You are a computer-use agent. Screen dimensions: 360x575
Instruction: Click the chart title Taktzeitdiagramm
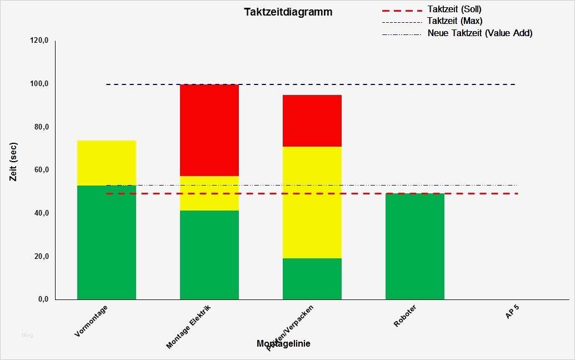288,12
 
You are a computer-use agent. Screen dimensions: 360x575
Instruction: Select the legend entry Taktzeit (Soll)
454,9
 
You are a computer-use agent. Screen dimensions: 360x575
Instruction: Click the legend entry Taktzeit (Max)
454,21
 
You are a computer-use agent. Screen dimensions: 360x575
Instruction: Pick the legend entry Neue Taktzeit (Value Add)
479,33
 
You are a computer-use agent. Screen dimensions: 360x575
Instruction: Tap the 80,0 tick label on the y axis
42,127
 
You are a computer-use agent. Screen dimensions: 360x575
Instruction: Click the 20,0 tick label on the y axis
42,257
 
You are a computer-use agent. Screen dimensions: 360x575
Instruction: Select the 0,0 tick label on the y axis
43,299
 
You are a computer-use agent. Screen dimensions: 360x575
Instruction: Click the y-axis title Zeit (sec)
14,169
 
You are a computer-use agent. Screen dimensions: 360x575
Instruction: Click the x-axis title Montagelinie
283,344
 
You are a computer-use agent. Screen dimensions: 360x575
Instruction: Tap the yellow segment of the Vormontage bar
107,163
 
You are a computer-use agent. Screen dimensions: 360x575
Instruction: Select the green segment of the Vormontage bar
107,242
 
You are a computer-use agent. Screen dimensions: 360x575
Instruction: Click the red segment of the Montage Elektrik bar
209,130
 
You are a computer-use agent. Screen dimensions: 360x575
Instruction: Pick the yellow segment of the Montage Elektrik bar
209,193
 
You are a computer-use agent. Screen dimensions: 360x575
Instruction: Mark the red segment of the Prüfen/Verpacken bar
312,121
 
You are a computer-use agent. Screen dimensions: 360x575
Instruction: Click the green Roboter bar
415,247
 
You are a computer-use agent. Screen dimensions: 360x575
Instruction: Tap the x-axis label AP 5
512,313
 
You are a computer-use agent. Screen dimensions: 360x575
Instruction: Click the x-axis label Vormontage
91,321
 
